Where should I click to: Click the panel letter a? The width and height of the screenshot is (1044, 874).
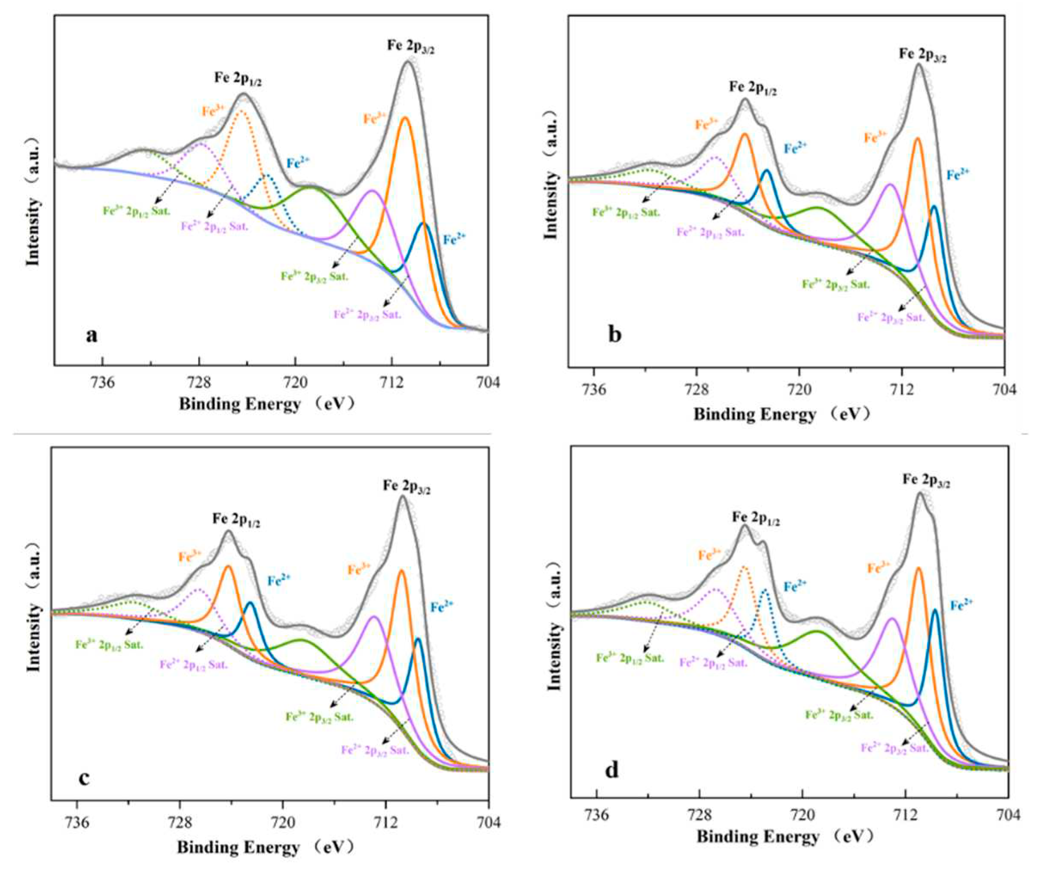92,335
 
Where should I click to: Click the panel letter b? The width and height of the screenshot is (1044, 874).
615,335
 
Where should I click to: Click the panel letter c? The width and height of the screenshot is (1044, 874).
85,778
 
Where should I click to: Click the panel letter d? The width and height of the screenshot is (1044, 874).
611,770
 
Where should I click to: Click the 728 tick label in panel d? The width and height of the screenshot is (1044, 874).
699,815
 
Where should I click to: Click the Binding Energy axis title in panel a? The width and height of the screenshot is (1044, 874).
267,404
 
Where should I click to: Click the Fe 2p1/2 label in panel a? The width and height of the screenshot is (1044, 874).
238,79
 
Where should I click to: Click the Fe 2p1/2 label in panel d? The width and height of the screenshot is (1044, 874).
755,519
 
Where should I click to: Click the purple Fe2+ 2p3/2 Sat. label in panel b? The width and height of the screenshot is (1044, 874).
891,317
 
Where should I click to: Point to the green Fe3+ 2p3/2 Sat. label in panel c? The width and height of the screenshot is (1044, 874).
319,718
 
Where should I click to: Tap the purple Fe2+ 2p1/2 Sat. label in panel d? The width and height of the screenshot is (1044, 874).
713,662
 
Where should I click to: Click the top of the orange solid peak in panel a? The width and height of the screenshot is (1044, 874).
405,118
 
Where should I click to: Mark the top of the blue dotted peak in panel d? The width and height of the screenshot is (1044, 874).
765,590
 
